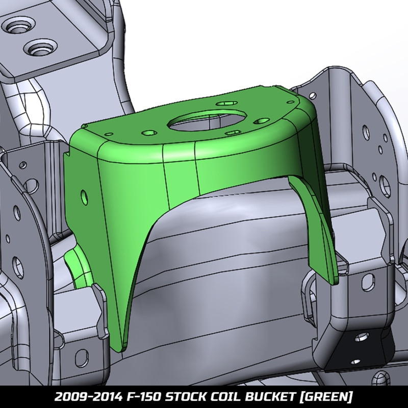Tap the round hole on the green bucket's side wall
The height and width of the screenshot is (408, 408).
(x=84, y=196)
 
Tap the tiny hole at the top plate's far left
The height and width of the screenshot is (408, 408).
(x=108, y=134)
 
